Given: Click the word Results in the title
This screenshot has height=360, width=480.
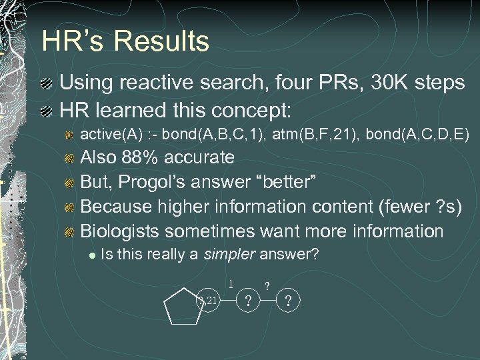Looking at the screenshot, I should coord(162,41).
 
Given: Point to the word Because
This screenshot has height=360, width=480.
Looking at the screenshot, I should coord(117,207).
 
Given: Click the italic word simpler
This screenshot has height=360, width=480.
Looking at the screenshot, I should coord(231,254).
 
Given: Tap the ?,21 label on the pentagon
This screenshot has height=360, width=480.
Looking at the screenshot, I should coord(208,301).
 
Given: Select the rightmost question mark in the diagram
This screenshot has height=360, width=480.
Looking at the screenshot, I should coord(288,301).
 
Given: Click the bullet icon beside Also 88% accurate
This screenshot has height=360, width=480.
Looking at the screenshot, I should coord(69,158).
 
